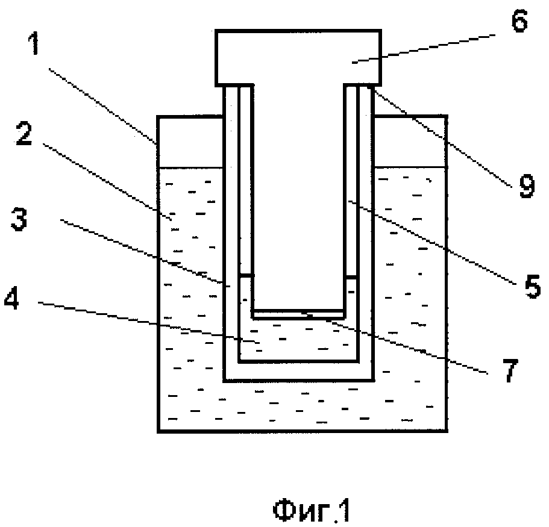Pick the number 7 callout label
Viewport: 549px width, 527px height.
pyautogui.click(x=510, y=371)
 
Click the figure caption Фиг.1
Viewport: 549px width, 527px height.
pyautogui.click(x=311, y=511)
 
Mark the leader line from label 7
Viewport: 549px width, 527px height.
pyautogui.click(x=398, y=343)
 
